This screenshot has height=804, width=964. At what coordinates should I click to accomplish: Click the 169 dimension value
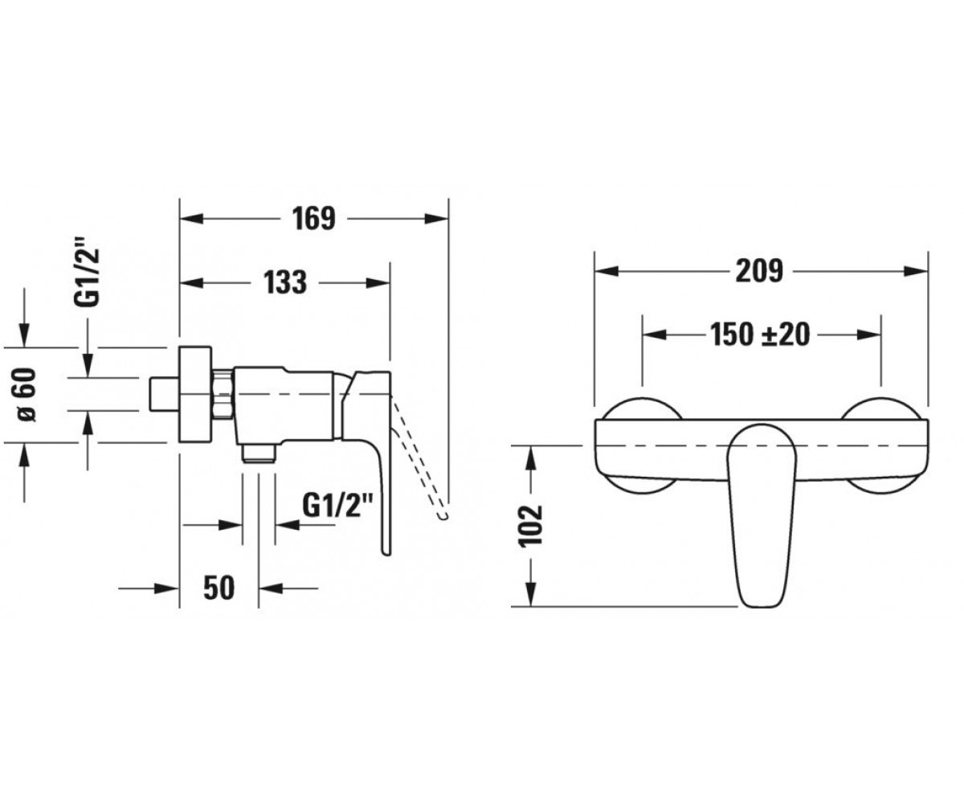click(313, 219)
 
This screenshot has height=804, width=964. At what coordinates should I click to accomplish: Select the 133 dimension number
click(285, 282)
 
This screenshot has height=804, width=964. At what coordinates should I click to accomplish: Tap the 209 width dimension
click(759, 270)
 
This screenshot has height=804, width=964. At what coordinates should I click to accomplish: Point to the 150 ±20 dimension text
click(760, 334)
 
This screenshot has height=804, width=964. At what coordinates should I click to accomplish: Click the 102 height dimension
click(531, 525)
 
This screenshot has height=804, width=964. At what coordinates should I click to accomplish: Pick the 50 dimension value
click(219, 589)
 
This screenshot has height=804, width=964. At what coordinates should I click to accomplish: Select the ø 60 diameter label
click(26, 395)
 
